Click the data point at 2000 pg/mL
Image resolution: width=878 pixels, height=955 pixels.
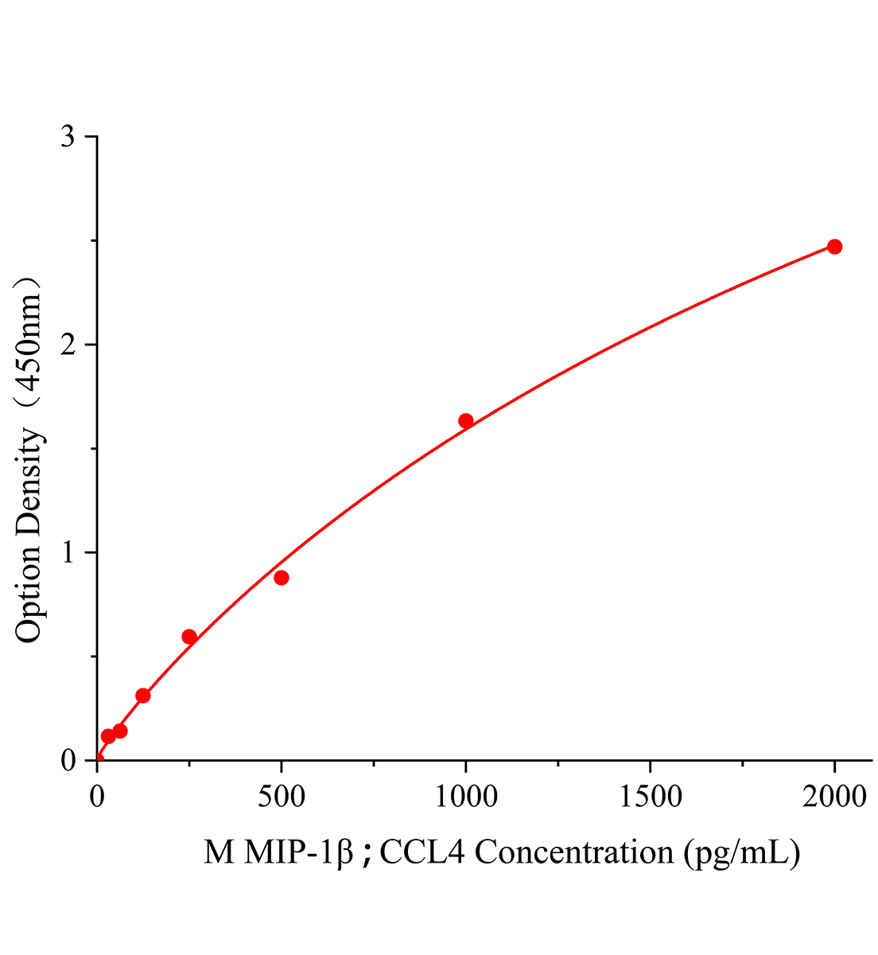click(834, 247)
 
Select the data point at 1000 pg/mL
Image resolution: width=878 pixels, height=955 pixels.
click(466, 421)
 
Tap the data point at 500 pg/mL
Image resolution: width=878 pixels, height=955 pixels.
click(281, 578)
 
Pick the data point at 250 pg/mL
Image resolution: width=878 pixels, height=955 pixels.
click(189, 637)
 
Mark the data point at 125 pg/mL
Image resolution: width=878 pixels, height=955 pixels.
click(143, 696)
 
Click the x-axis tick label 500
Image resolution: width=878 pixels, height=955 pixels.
click(281, 797)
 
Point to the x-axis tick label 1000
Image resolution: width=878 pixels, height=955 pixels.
click(465, 797)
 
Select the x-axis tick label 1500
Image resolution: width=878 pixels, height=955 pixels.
click(650, 797)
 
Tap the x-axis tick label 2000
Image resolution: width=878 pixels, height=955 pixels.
click(834, 797)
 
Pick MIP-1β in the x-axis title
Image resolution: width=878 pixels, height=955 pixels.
click(298, 852)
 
